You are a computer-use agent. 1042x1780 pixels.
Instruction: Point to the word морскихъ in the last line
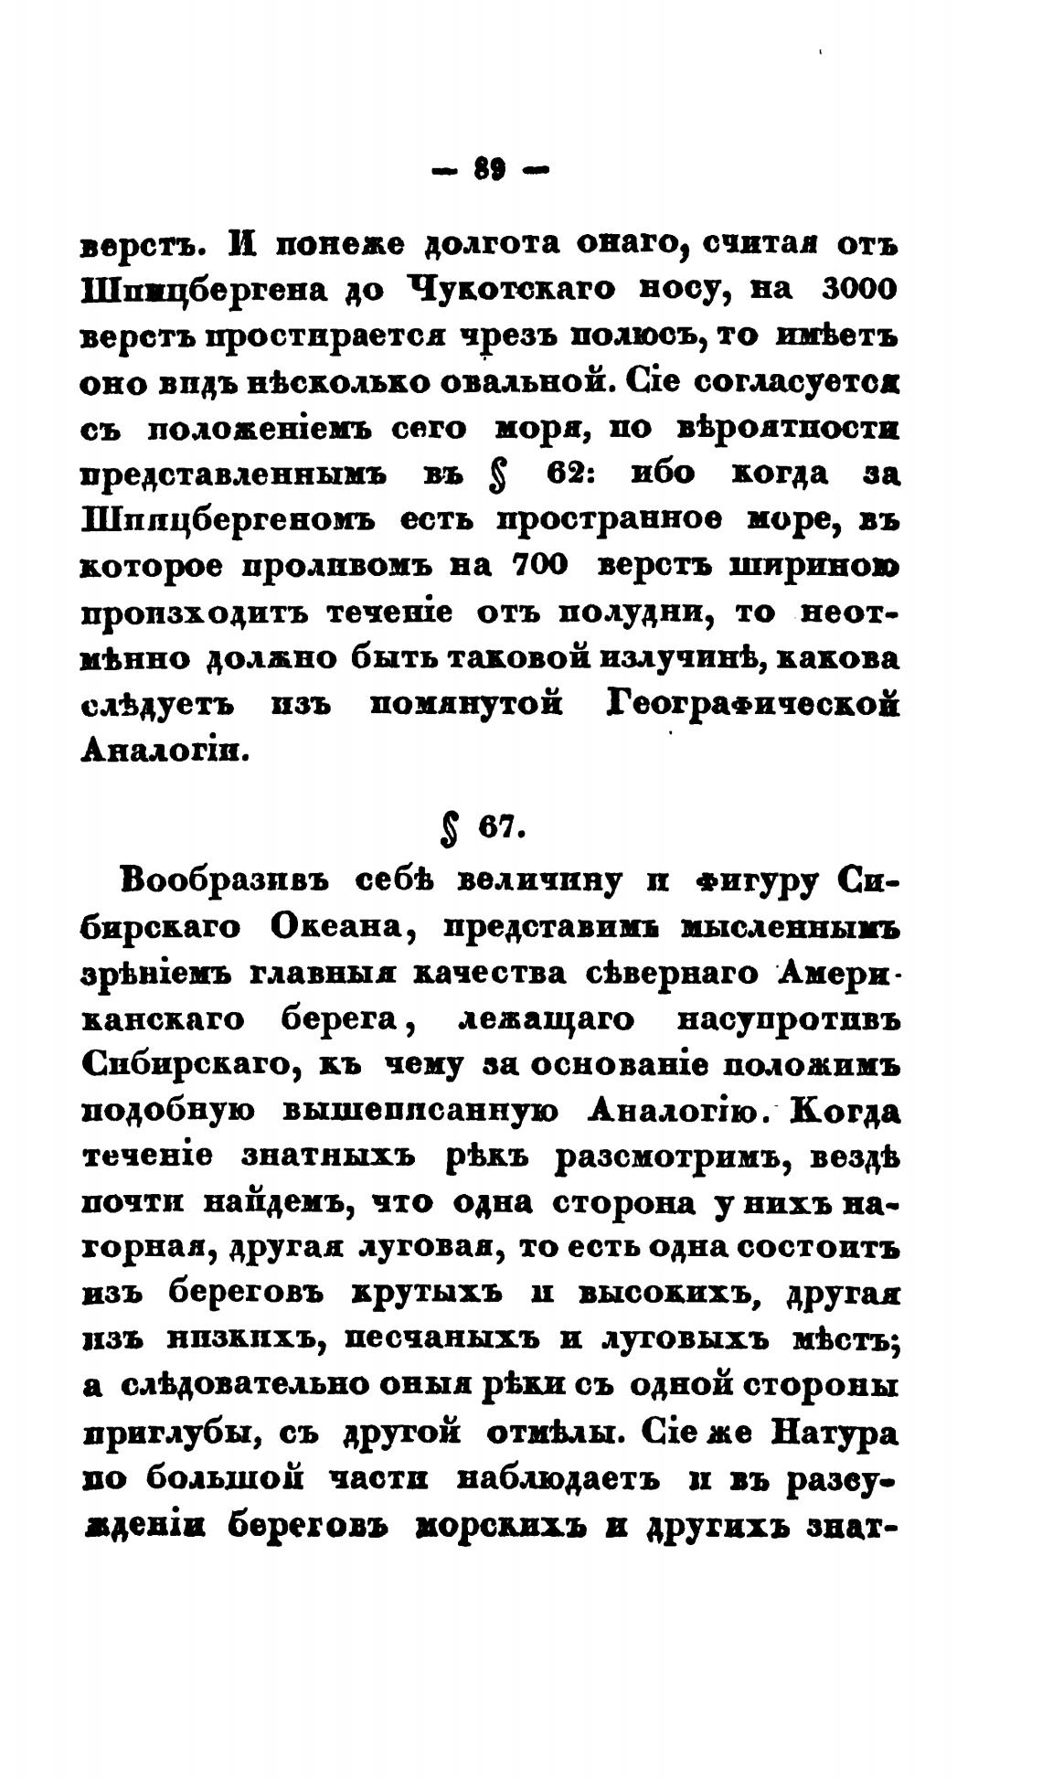pyautogui.click(x=473, y=1524)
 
